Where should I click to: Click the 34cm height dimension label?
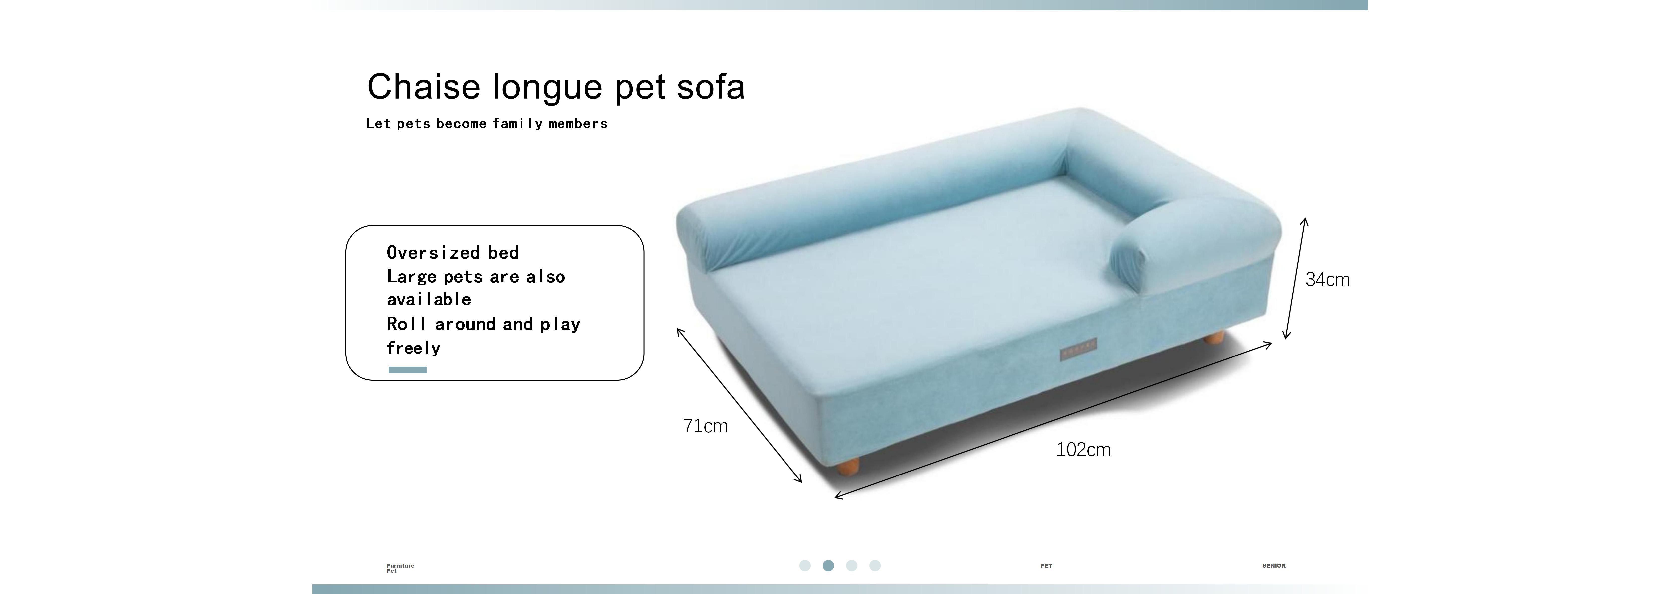[x=1327, y=280]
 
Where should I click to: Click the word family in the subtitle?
[x=517, y=124]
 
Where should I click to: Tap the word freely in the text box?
[x=413, y=348]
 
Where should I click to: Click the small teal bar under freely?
[x=408, y=370]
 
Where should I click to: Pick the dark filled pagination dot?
[x=828, y=565]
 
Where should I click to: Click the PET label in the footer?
[x=1046, y=565]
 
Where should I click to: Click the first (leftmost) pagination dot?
[x=805, y=565]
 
